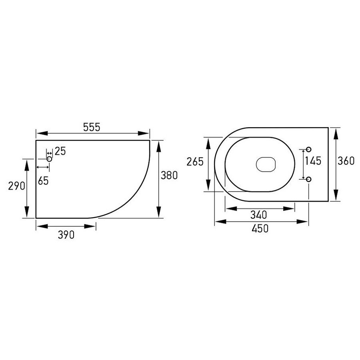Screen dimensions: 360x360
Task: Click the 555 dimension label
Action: point(92,127)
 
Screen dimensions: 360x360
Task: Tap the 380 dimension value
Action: point(169,176)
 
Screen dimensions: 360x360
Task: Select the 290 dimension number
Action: point(16,186)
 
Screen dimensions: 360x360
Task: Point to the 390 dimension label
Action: point(66,235)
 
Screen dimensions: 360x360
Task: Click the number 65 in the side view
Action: point(43,181)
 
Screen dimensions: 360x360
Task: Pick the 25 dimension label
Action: point(60,151)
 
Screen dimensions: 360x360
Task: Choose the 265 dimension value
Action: point(195,162)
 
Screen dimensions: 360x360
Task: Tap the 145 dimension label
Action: point(313,161)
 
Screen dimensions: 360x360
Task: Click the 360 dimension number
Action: point(346,161)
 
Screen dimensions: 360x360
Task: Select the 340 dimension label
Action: point(259,215)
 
